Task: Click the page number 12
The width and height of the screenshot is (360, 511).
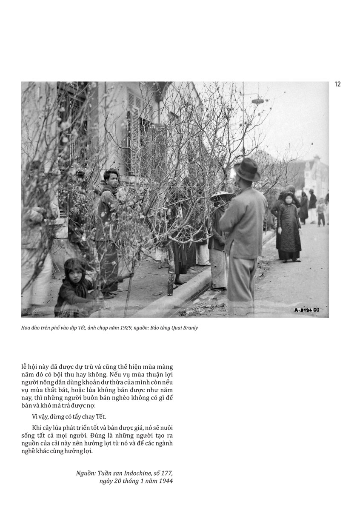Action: (x=337, y=84)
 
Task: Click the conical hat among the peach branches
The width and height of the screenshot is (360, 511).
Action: (x=222, y=197)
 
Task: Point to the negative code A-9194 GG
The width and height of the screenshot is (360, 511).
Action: (x=306, y=310)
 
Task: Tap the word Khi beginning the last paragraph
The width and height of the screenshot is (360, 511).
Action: (x=37, y=427)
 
